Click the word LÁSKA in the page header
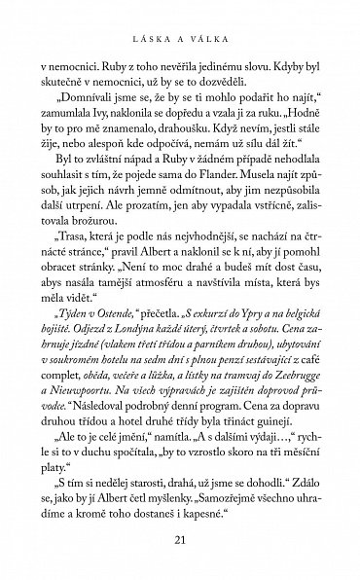153,32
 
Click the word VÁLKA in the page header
207,32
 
